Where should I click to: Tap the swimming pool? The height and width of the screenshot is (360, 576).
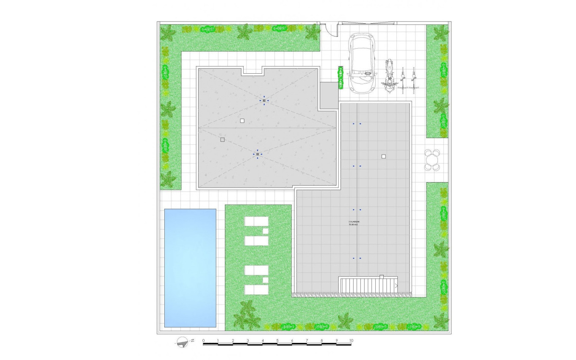(x=190, y=268)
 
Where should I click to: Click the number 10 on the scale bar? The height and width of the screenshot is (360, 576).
(x=351, y=341)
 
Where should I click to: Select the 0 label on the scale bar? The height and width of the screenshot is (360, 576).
(x=203, y=341)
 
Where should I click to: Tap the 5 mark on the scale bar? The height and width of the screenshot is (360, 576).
(x=277, y=341)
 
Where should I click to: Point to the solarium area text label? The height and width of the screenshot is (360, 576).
(x=354, y=223)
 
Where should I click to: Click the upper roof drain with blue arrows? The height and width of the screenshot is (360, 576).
(x=263, y=100)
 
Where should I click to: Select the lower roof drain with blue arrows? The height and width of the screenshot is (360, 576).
(x=258, y=154)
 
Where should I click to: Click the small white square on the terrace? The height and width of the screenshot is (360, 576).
(x=384, y=156)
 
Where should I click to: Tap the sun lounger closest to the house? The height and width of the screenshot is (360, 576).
(x=256, y=221)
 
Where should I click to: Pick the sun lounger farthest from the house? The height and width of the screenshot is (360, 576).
(x=256, y=290)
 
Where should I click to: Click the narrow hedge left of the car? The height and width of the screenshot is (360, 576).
(x=340, y=78)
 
